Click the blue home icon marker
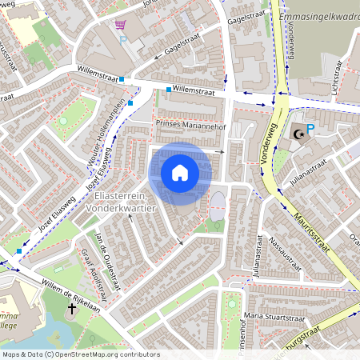[x=180, y=173]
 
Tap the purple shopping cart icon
[x=120, y=26]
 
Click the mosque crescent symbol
[x=298, y=135]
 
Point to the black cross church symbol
[x=70, y=307]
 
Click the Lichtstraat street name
[x=331, y=82]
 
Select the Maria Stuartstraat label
[x=276, y=320]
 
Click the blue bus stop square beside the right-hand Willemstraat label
[x=169, y=90]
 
